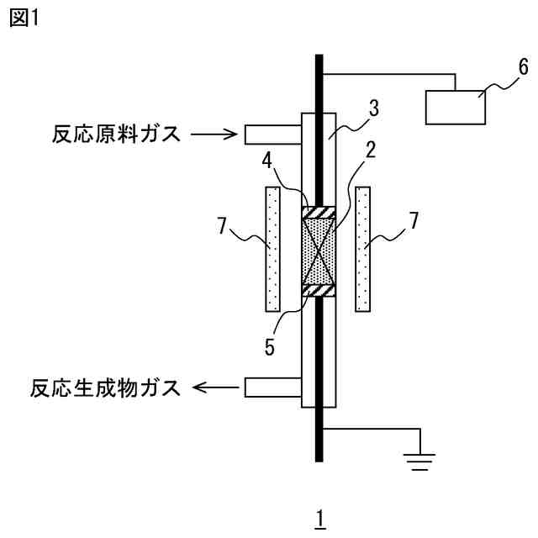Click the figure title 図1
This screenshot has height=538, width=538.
point(25,18)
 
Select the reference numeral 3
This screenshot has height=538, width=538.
point(373,108)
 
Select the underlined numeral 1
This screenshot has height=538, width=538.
point(319,510)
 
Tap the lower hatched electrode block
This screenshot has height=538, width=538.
point(319,291)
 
